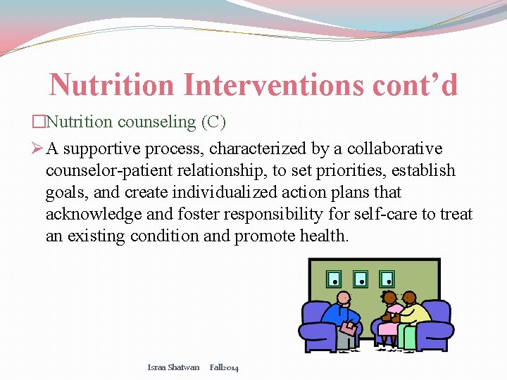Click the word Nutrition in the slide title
112,85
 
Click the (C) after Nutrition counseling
213,122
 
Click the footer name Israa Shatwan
173,367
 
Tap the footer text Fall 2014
224,367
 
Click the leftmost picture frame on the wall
335,279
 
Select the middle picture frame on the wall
361,279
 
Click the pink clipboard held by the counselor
347,327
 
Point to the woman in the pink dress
389,320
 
